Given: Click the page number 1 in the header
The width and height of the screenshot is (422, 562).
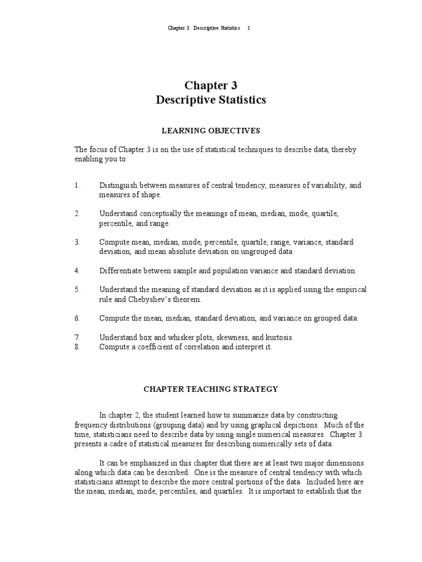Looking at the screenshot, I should pyautogui.click(x=248, y=28).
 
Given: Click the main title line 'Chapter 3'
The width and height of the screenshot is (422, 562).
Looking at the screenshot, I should pyautogui.click(x=211, y=85).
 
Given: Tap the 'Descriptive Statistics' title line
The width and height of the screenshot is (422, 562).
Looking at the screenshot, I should pyautogui.click(x=211, y=100).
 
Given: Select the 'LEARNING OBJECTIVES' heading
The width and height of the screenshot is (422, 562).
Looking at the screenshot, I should pyautogui.click(x=211, y=131).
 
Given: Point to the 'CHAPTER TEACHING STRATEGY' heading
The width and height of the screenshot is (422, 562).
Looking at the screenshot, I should pyautogui.click(x=211, y=389).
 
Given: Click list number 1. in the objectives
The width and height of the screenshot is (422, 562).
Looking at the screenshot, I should pyautogui.click(x=77, y=186).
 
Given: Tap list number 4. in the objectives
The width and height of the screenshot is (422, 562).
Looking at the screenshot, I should pyautogui.click(x=77, y=271).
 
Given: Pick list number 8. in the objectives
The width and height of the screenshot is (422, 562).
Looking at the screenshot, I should pyautogui.click(x=77, y=347).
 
